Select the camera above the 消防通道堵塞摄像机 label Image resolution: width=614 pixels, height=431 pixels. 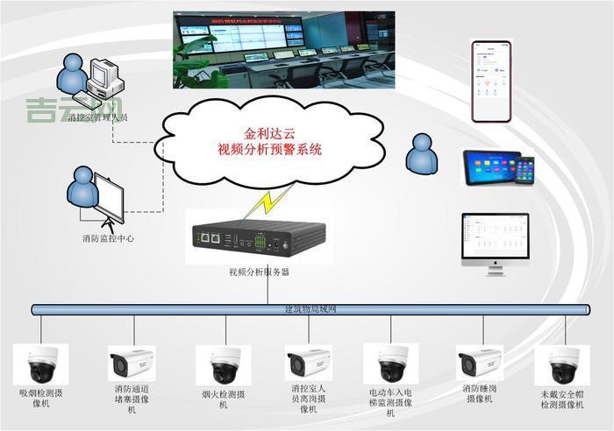(x=132, y=363)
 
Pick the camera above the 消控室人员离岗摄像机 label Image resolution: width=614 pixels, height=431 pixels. (x=309, y=363)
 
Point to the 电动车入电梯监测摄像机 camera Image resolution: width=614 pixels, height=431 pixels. (x=390, y=364)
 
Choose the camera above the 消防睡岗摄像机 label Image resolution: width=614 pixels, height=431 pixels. (x=480, y=363)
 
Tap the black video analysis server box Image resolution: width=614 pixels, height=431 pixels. (x=259, y=237)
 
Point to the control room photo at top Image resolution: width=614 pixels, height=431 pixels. (x=283, y=49)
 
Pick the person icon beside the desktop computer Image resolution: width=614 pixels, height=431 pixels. (x=72, y=74)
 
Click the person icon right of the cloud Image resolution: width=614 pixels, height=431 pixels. (x=421, y=153)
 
